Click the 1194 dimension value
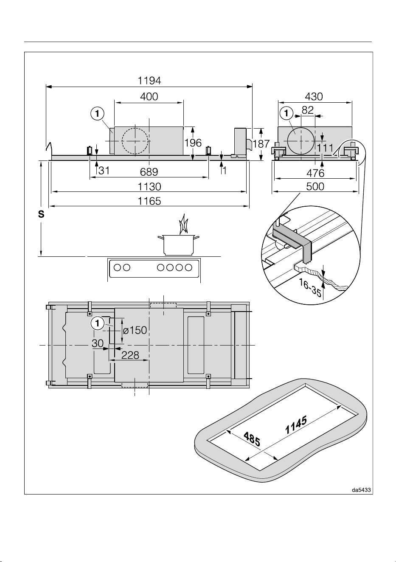(x=149, y=81)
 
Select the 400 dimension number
(x=149, y=97)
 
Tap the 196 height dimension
(x=193, y=143)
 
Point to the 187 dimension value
(x=261, y=144)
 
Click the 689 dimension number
(x=149, y=172)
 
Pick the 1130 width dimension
(x=149, y=187)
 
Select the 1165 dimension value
(x=149, y=201)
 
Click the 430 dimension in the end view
(x=314, y=97)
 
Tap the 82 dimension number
(x=308, y=110)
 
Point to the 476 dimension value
(x=315, y=173)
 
